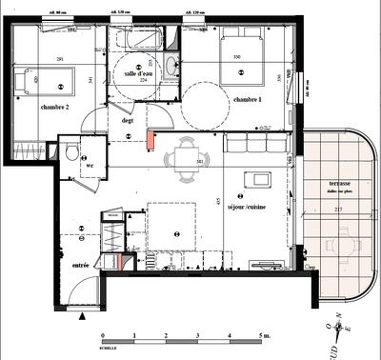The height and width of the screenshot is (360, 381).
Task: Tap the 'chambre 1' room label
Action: (x=247, y=100)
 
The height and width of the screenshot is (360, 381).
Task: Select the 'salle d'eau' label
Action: (x=139, y=72)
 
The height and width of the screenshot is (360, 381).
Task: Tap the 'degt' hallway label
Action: (x=126, y=120)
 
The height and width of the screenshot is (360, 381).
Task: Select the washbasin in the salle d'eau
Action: (x=170, y=66)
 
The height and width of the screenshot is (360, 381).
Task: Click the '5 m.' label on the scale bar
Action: (x=265, y=336)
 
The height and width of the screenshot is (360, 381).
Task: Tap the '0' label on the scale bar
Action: (x=103, y=336)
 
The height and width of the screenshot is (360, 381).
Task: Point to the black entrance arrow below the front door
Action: (x=83, y=311)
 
